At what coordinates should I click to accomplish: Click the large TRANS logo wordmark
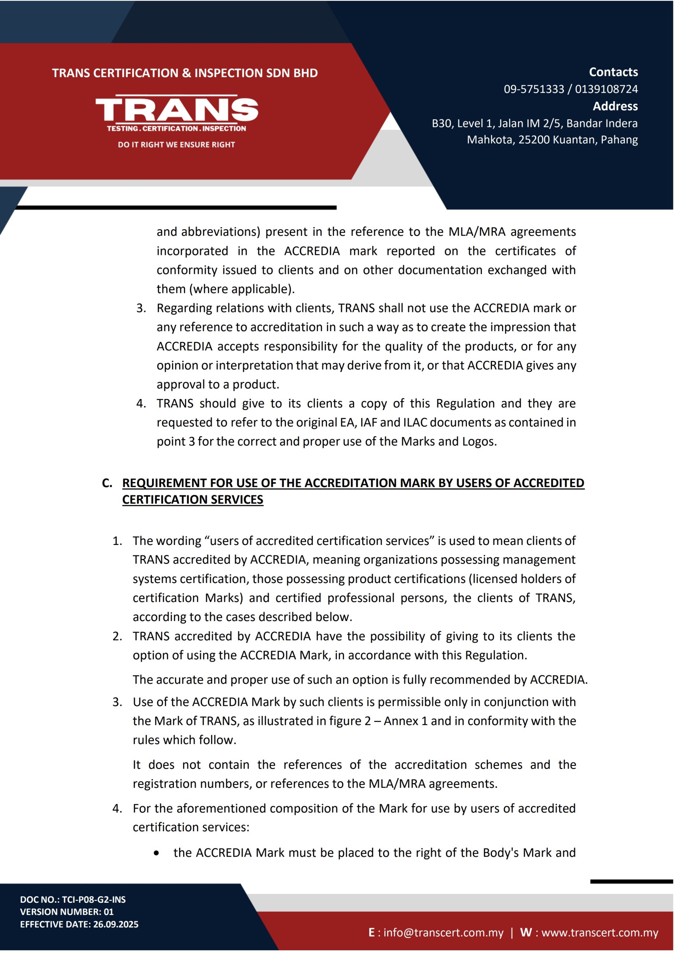[177, 109]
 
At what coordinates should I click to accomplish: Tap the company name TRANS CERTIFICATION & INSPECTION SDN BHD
[185, 73]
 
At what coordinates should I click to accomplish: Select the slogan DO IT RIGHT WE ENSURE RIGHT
[177, 145]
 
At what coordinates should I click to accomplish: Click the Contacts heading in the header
[613, 72]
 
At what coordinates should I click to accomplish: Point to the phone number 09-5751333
[534, 89]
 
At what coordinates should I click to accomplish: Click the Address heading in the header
[615, 106]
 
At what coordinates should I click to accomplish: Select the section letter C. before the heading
[107, 483]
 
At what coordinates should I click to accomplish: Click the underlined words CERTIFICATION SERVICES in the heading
[193, 500]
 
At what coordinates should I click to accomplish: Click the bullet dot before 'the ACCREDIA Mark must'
[156, 853]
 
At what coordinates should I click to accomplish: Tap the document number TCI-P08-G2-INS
[94, 899]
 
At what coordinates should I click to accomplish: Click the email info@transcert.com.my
[443, 933]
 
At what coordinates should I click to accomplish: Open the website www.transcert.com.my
[600, 933]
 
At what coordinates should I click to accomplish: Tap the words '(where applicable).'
[242, 289]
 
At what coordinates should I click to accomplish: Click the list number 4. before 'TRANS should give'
[141, 404]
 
